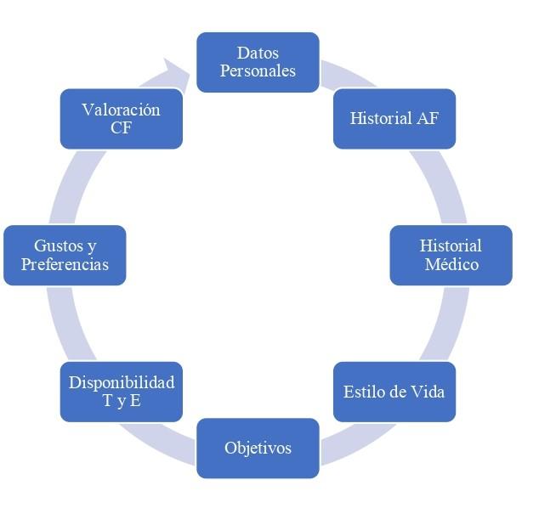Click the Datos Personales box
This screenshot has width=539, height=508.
point(258,62)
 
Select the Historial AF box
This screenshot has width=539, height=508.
point(394,118)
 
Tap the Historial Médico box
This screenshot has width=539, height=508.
point(451,255)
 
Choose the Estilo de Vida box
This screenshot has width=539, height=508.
point(394,392)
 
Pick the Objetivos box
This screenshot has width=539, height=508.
point(258,448)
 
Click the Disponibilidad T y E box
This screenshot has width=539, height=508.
point(122,392)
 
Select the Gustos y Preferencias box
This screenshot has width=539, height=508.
point(65,255)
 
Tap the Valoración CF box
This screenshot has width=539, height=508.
point(122,118)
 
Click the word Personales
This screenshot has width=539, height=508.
point(258,71)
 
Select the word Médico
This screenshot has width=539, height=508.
point(451,264)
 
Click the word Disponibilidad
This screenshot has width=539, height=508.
point(122,382)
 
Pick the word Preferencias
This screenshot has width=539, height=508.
point(65,264)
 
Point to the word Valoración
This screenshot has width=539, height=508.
point(122,110)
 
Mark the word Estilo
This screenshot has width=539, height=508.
point(362,392)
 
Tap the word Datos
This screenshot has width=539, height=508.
point(258,54)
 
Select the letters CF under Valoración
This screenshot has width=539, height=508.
point(122,127)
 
